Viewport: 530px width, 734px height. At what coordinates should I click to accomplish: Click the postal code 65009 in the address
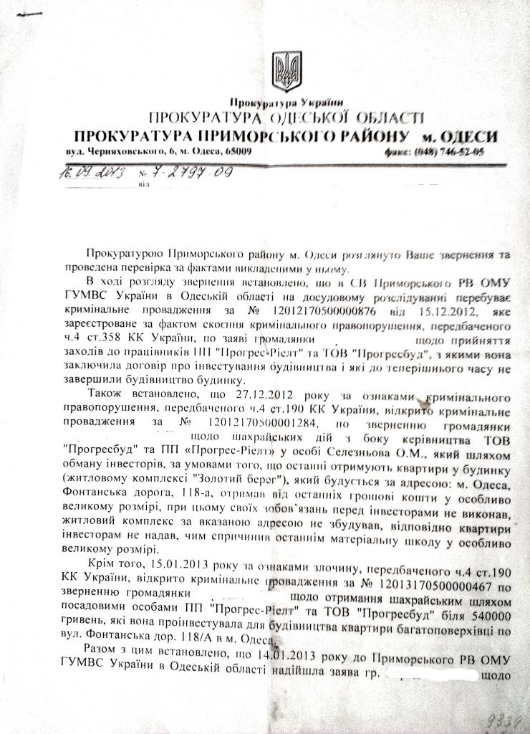pyautogui.click(x=234, y=152)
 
